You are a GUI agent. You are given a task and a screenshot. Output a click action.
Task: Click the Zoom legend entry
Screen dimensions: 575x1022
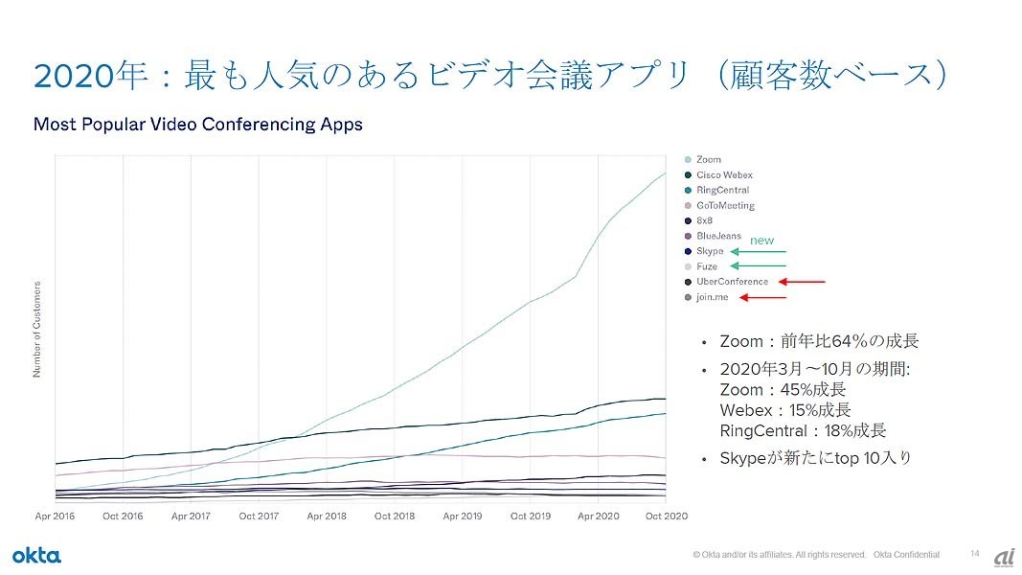point(708,159)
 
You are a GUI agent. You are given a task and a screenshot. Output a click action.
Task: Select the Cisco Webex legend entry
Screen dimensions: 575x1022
point(723,174)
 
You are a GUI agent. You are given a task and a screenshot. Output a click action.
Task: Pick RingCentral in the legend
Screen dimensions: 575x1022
point(722,190)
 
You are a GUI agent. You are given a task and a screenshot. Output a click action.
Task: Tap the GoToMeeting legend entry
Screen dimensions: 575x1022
point(724,205)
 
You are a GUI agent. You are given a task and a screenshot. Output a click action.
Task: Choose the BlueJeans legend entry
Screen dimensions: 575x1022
point(718,236)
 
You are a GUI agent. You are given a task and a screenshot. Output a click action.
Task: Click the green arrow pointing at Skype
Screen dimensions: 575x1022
point(758,251)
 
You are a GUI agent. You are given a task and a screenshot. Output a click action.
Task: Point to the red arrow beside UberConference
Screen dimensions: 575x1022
point(802,282)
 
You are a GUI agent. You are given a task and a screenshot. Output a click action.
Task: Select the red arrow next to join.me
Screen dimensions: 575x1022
point(762,297)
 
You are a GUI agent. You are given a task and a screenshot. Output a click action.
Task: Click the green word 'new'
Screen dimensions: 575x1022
point(761,240)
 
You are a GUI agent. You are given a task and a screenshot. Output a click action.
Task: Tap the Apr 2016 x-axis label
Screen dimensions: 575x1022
point(56,517)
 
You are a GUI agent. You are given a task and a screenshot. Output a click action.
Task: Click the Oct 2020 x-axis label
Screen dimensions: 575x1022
point(667,517)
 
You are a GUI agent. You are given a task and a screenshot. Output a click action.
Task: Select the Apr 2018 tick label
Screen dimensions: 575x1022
point(327,517)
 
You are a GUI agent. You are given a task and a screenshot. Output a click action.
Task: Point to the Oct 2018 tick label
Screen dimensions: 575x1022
point(395,517)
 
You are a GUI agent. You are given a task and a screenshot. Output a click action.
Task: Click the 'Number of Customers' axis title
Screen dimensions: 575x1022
point(37,329)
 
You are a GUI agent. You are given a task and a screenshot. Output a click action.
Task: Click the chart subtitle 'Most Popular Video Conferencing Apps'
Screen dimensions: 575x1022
point(197,125)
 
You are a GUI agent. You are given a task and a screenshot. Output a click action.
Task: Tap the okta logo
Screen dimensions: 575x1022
point(36,556)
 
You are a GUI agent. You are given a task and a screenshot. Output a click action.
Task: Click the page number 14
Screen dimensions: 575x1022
point(975,554)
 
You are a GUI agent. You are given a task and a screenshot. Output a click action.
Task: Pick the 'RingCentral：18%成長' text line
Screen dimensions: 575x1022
point(802,430)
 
